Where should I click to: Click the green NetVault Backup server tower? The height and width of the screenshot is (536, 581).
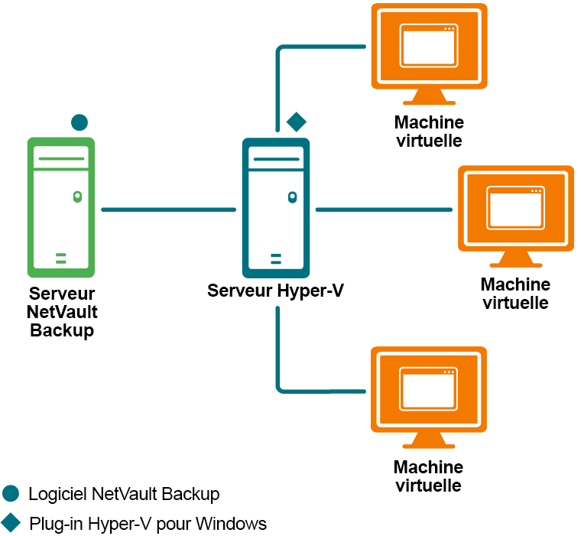(x=60, y=206)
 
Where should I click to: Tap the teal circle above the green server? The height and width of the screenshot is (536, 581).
(x=79, y=122)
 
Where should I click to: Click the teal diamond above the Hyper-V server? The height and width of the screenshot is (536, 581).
(x=296, y=122)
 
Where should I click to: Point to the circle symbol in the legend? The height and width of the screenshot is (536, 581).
(x=11, y=494)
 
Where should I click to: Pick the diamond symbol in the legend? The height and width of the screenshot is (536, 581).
(x=11, y=524)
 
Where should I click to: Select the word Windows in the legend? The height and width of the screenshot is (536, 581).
(x=231, y=524)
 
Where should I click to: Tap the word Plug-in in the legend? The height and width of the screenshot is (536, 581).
(x=56, y=524)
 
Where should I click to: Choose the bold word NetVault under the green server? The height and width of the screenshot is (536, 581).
(x=62, y=312)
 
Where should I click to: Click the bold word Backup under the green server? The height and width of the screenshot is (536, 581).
(x=62, y=330)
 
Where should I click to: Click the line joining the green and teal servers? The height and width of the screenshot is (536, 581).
(x=168, y=209)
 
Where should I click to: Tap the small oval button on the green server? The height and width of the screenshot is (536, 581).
(x=76, y=197)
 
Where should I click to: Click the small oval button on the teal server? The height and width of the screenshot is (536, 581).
(x=292, y=198)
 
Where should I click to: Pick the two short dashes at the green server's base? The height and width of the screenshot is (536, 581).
(x=60, y=257)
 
